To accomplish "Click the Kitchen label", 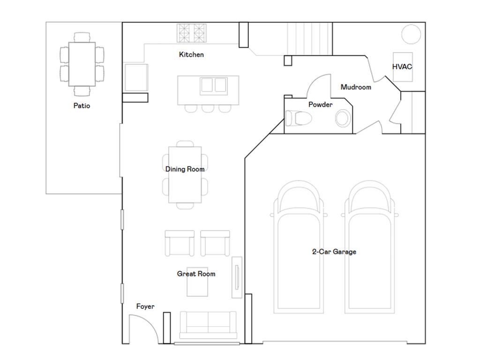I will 191,55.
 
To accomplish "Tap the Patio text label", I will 82,105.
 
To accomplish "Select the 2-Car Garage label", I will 334,252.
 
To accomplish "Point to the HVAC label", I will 402,67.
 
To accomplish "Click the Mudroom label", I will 356,87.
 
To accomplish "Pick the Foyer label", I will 145,307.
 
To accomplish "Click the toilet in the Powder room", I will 298,118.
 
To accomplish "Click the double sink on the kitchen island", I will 214,86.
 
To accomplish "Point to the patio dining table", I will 82,64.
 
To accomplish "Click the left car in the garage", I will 298,248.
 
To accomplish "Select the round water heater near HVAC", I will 411,34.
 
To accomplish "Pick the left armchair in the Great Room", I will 180,242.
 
